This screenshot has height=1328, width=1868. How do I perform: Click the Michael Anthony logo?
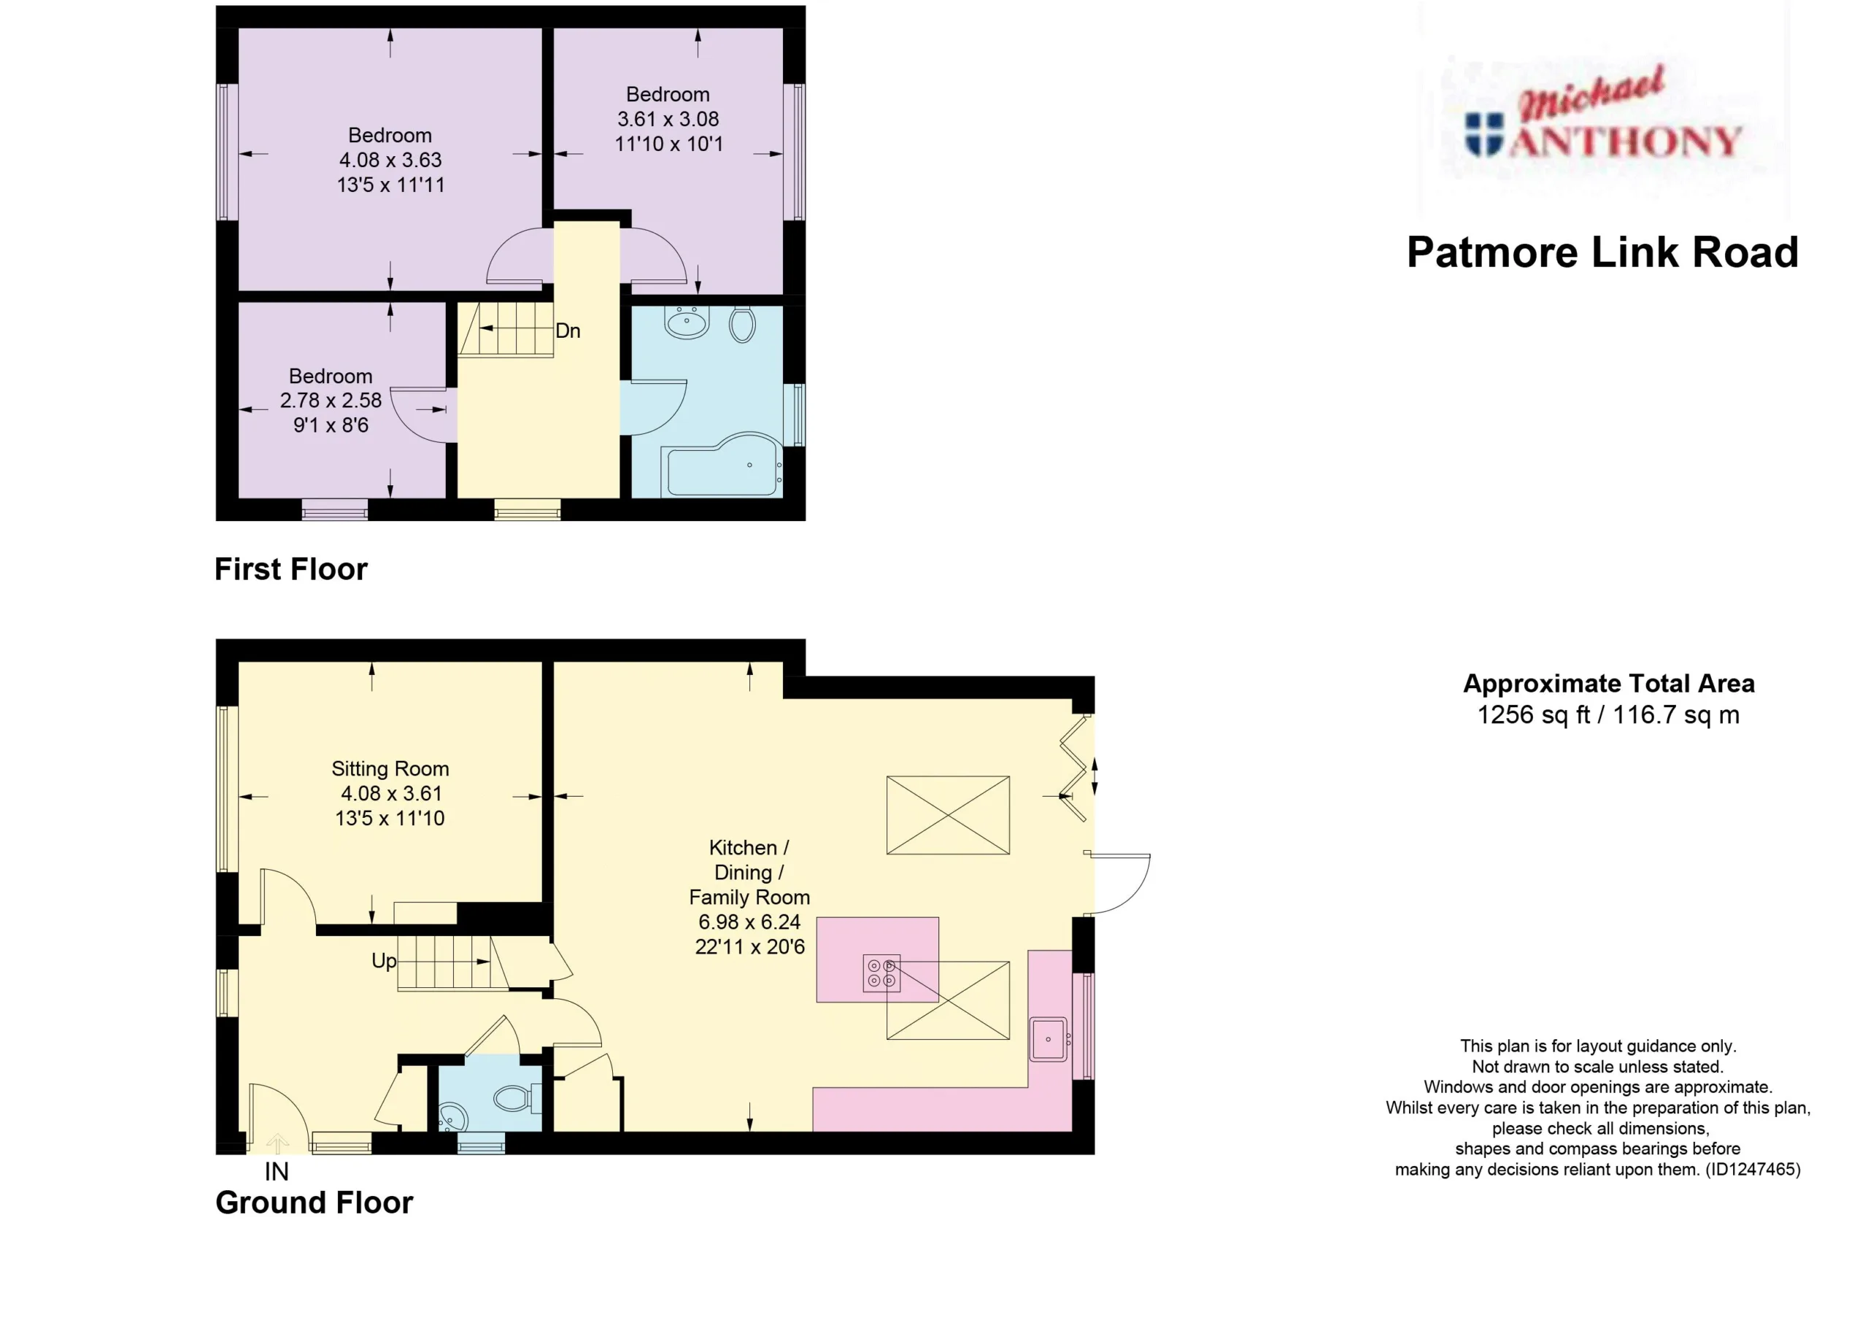coord(1603,115)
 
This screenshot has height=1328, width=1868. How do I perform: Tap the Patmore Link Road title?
coord(1602,252)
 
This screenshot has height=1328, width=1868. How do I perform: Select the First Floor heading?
coord(290,569)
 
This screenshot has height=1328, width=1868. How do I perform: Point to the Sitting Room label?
coord(390,768)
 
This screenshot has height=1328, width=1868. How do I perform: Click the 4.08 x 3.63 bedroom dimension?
coord(391,161)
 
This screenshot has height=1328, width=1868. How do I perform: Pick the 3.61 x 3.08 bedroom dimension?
coord(668,120)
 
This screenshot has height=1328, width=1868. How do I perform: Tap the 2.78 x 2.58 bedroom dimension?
coord(331,401)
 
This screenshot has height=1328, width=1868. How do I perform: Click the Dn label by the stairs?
coord(568,331)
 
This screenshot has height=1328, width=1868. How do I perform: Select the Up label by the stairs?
coord(385,961)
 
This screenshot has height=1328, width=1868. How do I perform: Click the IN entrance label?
coord(277,1172)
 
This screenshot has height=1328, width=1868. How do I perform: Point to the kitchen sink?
coord(1049,1039)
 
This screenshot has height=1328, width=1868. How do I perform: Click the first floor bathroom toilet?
coord(741,325)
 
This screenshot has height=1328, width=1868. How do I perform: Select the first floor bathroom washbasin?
coord(687,323)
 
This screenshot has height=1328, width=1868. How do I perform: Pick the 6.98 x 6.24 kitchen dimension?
coord(749,922)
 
